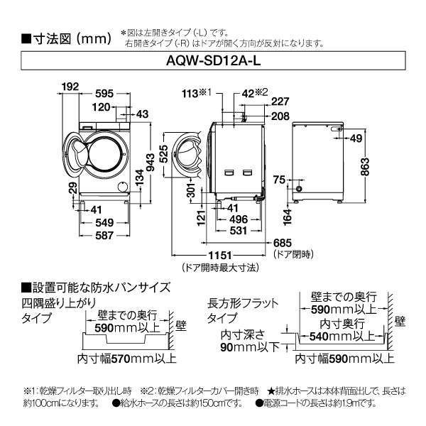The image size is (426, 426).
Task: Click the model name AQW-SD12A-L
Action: pyautogui.click(x=213, y=62)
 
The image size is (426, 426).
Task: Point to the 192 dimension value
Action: pyautogui.click(x=69, y=86)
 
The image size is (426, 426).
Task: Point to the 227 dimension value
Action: pyautogui.click(x=280, y=102)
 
